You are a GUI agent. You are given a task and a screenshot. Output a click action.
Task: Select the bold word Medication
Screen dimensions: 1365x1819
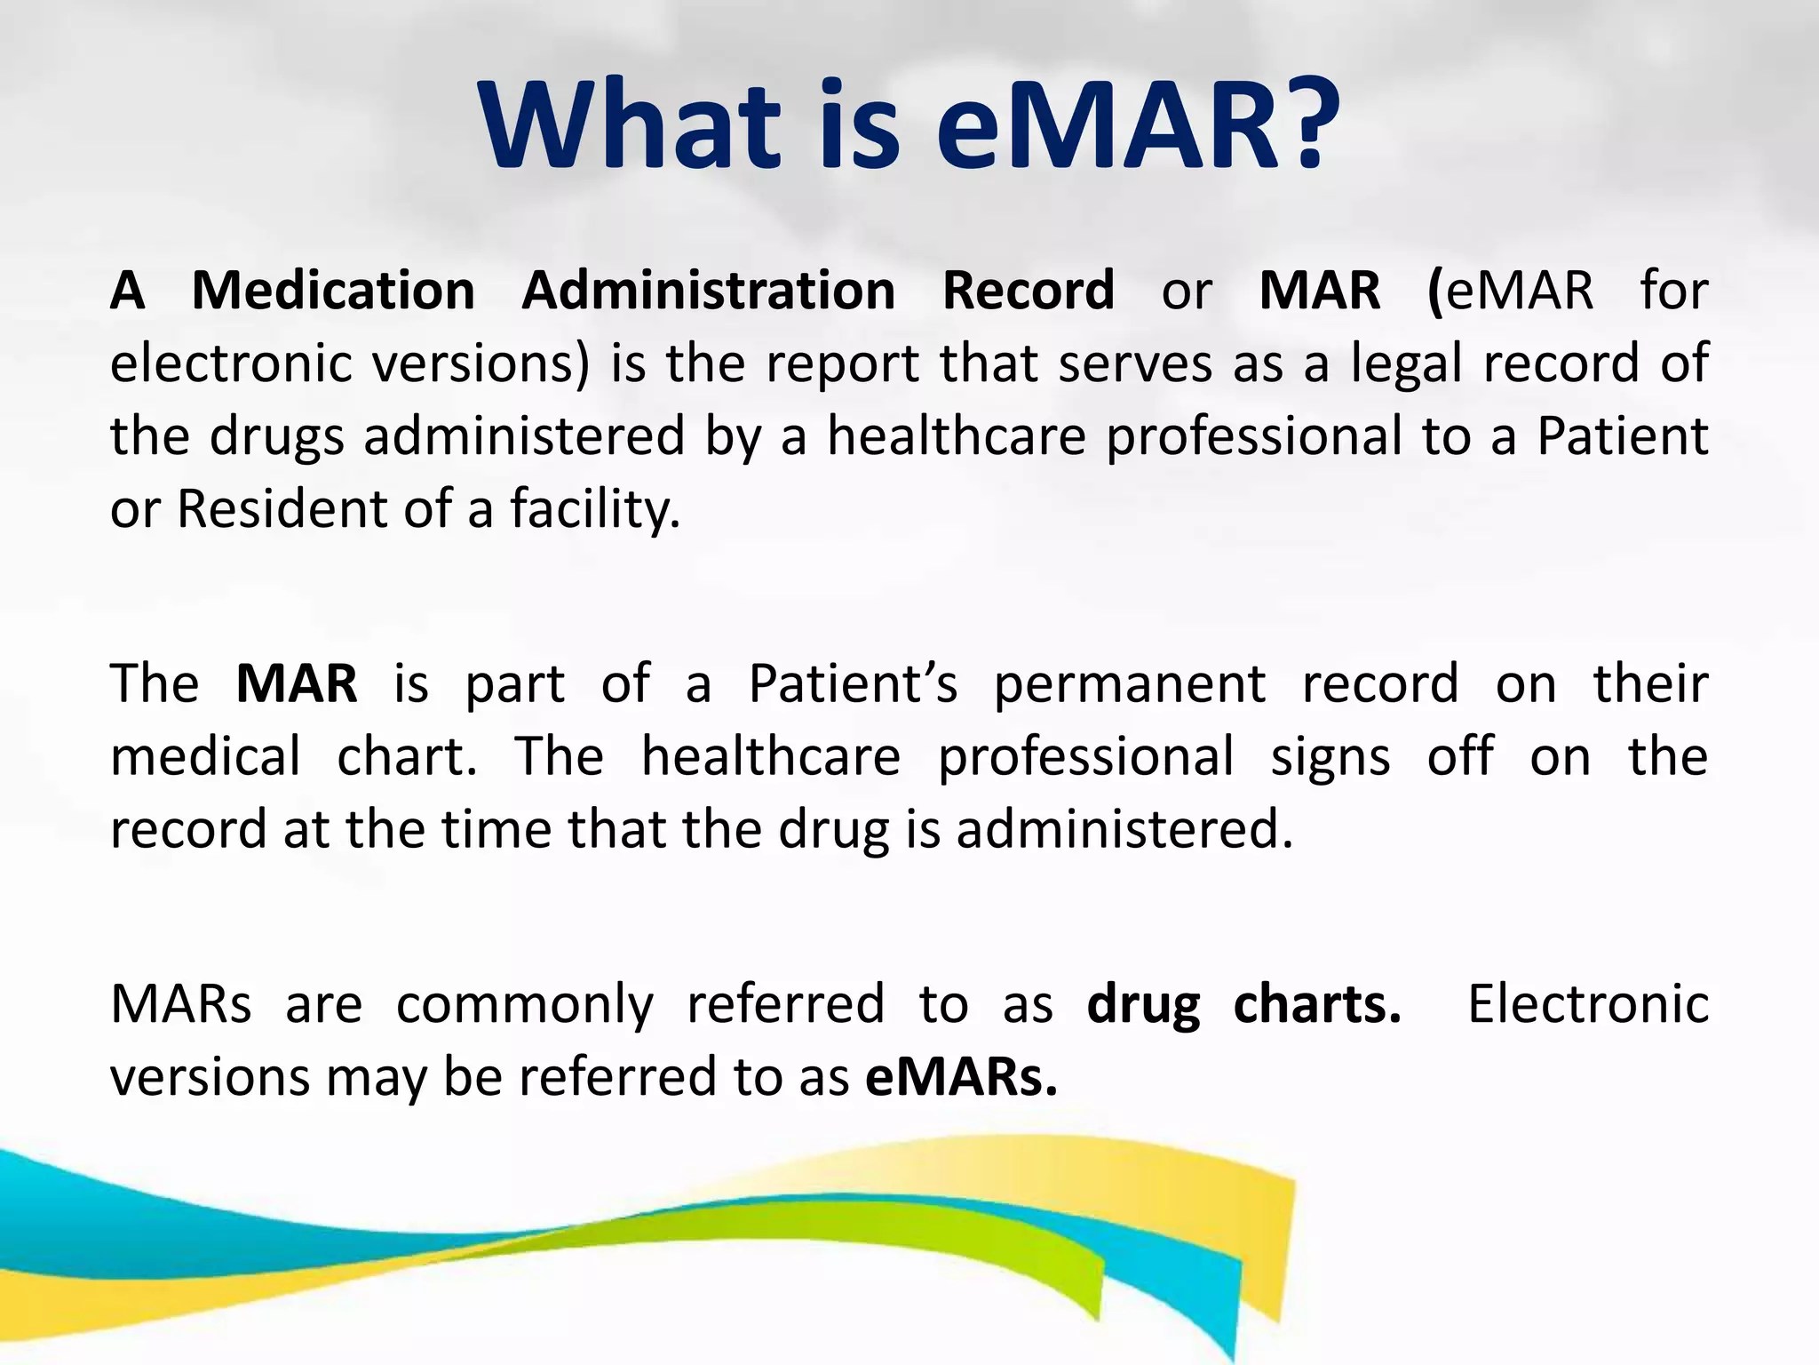333,291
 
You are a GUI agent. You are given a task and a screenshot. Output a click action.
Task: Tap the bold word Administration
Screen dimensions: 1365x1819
708,291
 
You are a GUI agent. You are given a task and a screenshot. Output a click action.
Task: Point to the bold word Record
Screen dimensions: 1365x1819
1028,291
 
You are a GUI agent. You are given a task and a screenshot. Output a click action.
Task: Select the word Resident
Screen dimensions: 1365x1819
282,510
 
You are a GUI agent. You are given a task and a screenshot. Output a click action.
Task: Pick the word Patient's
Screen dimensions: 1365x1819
853,684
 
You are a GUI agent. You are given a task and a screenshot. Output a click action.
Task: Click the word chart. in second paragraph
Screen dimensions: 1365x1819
407,757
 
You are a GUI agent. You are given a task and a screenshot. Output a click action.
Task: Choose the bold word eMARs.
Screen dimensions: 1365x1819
961,1078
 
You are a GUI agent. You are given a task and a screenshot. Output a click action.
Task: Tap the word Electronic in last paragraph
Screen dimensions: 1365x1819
1587,1005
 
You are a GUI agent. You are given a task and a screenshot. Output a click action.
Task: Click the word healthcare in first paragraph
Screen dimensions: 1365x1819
957,437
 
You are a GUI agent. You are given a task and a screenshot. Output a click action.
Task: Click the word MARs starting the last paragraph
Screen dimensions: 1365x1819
180,1005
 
